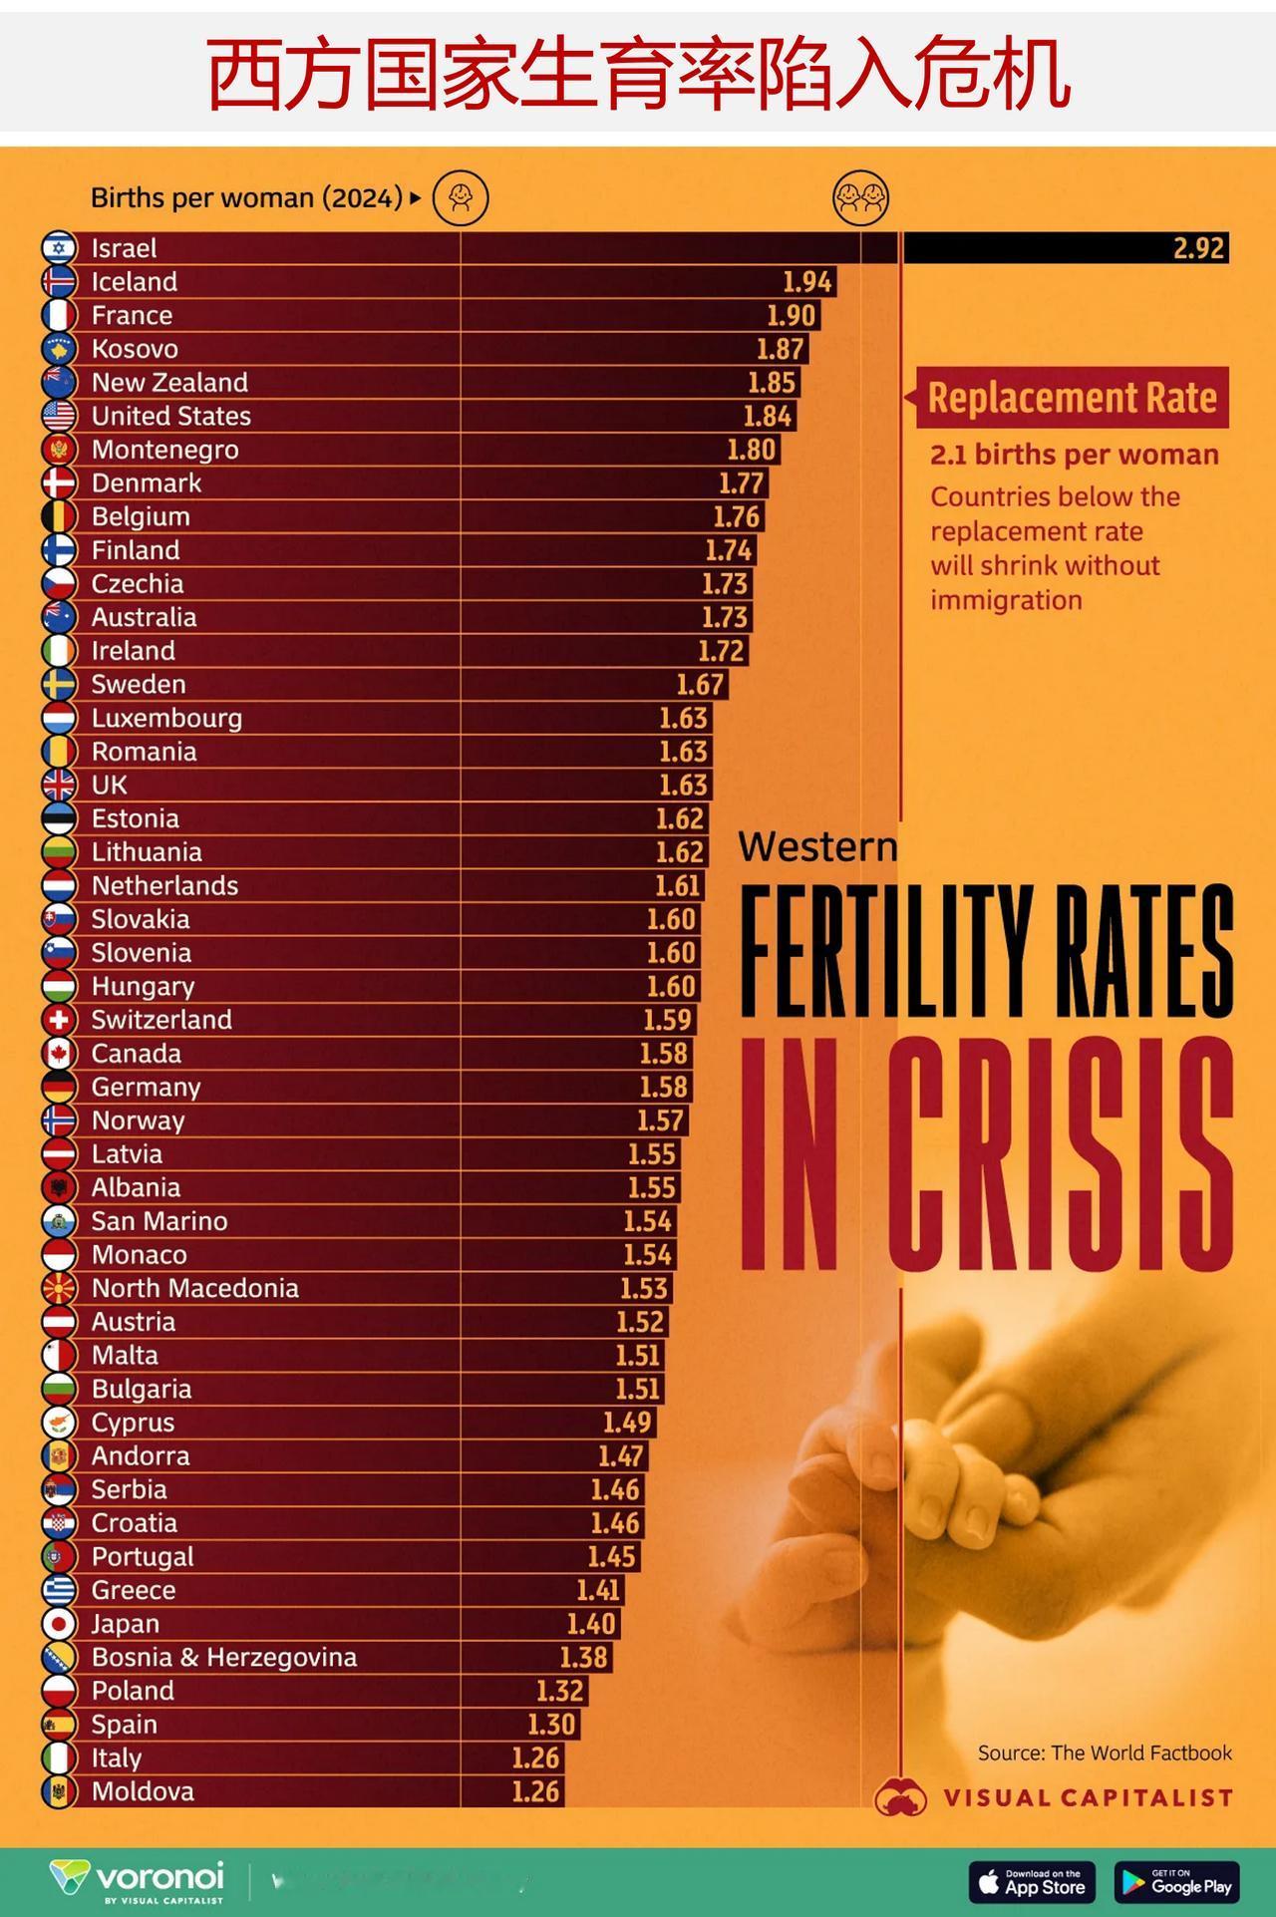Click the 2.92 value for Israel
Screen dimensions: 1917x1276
coord(1198,248)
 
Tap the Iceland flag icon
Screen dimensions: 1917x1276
coord(59,282)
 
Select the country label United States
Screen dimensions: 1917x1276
coord(170,416)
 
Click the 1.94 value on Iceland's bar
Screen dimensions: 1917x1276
coord(806,282)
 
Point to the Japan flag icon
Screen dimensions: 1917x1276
coord(59,1624)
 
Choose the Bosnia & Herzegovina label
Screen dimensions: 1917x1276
coord(223,1657)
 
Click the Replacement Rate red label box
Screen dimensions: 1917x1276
coord(1072,398)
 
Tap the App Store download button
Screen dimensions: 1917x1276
coord(1032,1882)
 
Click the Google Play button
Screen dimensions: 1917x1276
coord(1177,1882)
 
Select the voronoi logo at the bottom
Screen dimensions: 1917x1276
coord(138,1880)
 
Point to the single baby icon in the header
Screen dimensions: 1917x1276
coord(461,197)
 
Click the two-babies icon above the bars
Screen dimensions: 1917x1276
coord(860,197)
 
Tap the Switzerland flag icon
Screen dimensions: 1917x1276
coord(59,1020)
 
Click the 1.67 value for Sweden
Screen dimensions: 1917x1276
coord(700,685)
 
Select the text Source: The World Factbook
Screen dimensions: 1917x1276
coord(1105,1753)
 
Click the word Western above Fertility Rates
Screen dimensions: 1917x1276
coord(817,847)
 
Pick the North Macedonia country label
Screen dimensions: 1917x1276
coord(194,1288)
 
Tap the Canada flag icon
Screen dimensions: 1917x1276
coord(59,1054)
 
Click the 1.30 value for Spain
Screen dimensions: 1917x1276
coord(551,1725)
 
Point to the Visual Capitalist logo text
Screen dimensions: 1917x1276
coord(1087,1797)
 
